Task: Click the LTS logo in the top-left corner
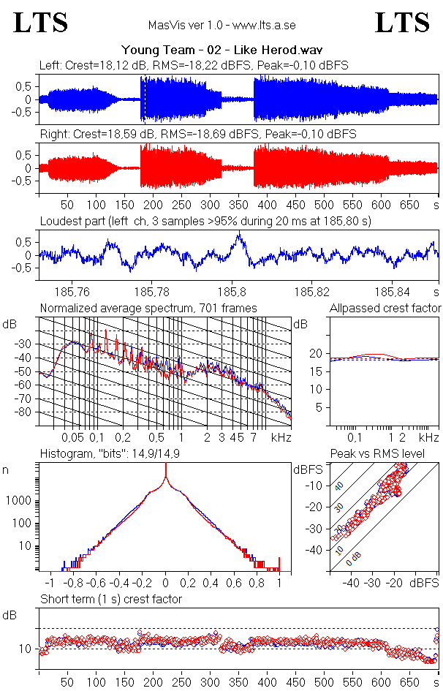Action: tap(41, 23)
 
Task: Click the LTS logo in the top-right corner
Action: tap(402, 23)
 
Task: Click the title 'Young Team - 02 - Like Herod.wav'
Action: tap(222, 50)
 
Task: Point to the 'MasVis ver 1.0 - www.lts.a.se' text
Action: tap(221, 25)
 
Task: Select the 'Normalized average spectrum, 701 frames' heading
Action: tap(148, 308)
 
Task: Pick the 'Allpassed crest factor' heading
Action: tap(385, 308)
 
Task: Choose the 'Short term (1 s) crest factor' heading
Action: tap(111, 599)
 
